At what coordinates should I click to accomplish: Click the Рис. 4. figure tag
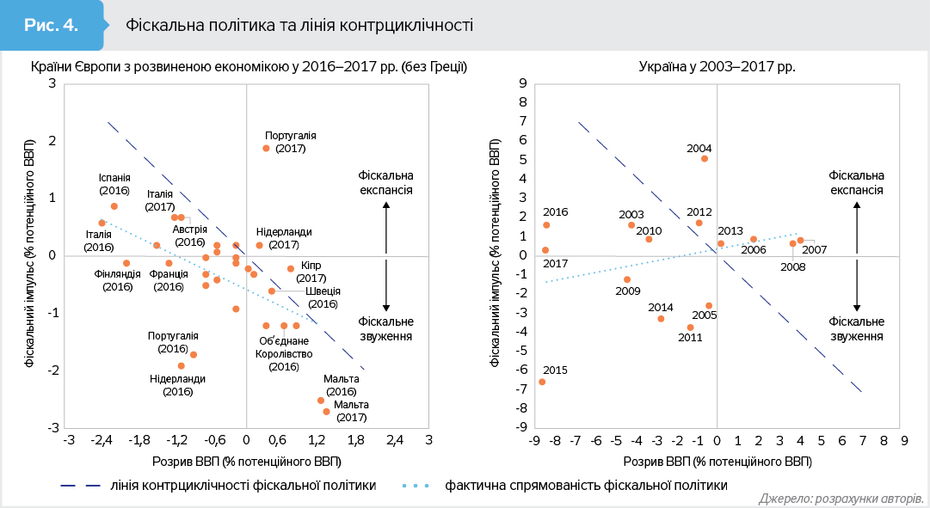52,24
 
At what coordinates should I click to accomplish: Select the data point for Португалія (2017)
266,148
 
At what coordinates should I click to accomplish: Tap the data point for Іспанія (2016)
114,206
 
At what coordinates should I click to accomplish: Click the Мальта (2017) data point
326,412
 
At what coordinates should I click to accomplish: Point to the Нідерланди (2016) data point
181,365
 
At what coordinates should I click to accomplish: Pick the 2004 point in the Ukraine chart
705,158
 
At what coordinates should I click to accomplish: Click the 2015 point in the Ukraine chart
542,382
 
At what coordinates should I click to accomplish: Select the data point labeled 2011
690,327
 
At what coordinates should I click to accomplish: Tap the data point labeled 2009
627,279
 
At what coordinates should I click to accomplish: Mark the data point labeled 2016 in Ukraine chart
546,225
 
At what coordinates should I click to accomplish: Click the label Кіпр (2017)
311,272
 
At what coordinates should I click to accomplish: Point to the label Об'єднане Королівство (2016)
285,353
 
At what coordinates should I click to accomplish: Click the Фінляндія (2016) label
117,280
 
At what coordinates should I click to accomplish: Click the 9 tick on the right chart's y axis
520,83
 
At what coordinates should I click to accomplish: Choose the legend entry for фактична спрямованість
585,485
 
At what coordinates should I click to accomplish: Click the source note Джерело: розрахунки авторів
841,499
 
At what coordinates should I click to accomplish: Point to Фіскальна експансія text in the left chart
386,182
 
